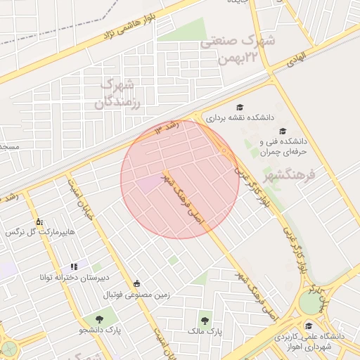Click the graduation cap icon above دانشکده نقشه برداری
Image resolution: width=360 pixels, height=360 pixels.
[x=240, y=108]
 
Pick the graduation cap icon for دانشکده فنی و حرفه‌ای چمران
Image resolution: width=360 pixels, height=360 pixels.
[x=283, y=131]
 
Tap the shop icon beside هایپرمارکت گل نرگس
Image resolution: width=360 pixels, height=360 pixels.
[x=38, y=220]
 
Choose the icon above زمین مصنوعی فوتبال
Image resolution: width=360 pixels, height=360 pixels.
[x=136, y=283]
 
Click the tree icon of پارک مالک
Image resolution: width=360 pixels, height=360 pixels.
[x=205, y=318]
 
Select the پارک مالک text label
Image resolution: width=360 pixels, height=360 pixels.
[x=205, y=330]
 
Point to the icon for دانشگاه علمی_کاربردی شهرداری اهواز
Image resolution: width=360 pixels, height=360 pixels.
[x=308, y=325]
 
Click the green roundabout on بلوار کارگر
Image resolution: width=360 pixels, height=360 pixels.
[x=309, y=303]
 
